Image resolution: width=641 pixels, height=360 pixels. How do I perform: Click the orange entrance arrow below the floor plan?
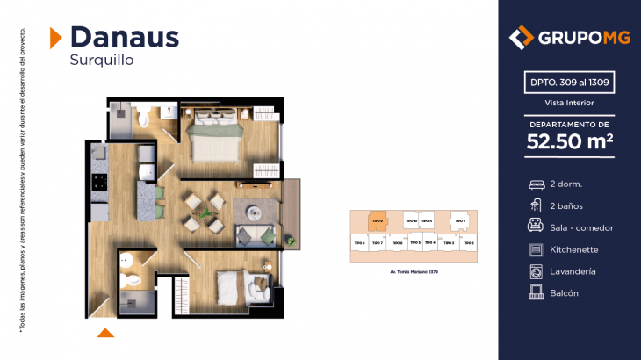pos(105,332)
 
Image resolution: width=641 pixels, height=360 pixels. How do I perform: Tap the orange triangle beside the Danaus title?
pos(54,37)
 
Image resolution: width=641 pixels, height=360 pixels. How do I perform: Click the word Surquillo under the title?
pos(101,61)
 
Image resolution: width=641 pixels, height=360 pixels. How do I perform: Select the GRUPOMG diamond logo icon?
pos(522,38)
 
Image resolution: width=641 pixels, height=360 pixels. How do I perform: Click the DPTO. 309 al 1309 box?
pos(569,83)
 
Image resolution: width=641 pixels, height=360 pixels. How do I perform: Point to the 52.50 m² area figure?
pos(569,140)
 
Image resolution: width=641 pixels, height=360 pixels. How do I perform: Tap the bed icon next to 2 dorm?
pos(536,184)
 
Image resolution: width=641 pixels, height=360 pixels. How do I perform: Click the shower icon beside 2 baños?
pos(536,205)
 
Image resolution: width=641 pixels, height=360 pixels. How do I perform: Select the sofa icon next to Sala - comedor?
pos(536,227)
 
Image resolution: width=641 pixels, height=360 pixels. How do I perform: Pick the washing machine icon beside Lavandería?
pos(536,271)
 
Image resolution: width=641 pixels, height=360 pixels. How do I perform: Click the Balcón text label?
pos(564,293)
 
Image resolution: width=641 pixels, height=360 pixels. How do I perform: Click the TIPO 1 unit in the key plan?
pos(458,221)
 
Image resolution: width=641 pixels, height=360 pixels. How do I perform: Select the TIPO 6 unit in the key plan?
pos(397,243)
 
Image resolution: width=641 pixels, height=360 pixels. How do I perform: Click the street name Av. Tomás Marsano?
pos(413,272)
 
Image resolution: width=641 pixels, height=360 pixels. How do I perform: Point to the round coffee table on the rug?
pos(254,212)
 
